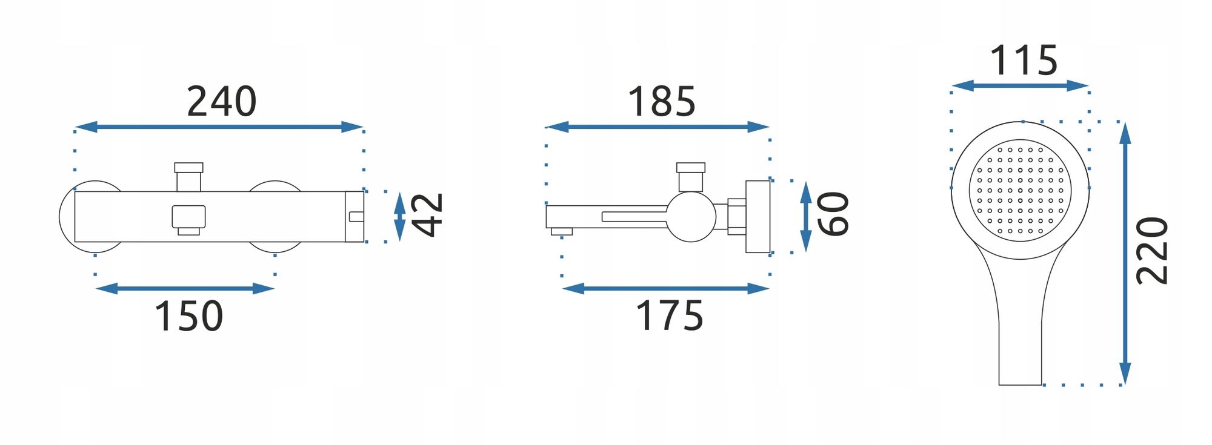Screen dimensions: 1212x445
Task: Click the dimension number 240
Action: [x=222, y=101]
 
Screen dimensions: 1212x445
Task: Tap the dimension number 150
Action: [x=189, y=316]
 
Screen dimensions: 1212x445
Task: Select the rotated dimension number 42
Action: [x=427, y=215]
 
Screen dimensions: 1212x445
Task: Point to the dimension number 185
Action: [x=662, y=101]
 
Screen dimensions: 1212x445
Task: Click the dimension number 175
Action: [x=670, y=316]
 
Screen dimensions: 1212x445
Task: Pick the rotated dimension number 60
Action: [x=833, y=214]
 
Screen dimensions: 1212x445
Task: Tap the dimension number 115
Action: [x=1024, y=61]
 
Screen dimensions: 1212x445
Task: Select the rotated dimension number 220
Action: [x=1152, y=251]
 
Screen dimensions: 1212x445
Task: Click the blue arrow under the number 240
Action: [x=219, y=127]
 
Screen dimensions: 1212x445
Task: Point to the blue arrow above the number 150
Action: [x=185, y=289]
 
